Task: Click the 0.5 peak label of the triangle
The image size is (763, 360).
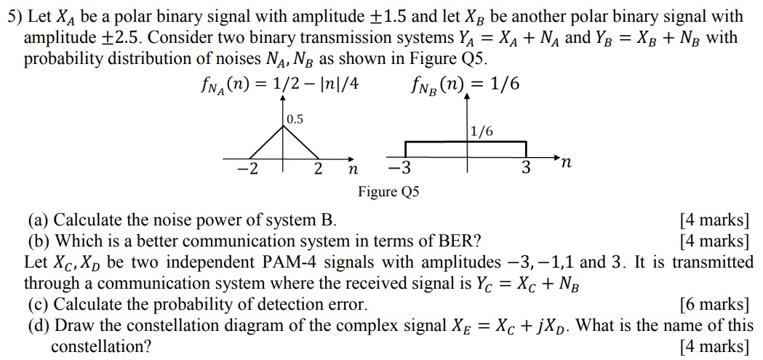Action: pyautogui.click(x=295, y=119)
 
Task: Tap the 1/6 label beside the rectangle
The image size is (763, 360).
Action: pyautogui.click(x=481, y=132)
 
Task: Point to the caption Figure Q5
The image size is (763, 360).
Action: pyautogui.click(x=388, y=192)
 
